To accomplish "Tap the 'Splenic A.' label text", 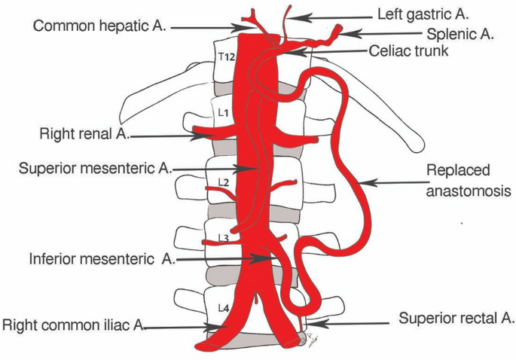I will click(461, 33).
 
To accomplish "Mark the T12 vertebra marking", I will click(224, 56).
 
